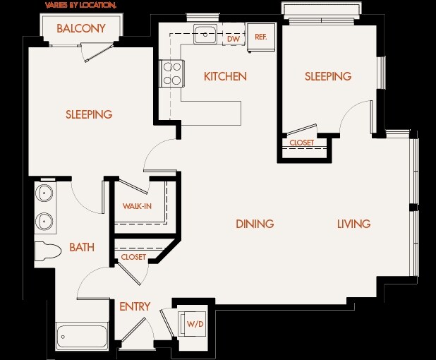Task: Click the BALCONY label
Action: (x=81, y=28)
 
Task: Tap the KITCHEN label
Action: (x=225, y=76)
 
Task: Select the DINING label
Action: (x=255, y=224)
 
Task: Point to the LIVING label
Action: (x=353, y=224)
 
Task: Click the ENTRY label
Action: (x=135, y=306)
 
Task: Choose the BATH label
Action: (x=82, y=247)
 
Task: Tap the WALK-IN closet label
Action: (x=137, y=206)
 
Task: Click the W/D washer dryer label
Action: (x=195, y=324)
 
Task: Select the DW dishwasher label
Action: (x=234, y=39)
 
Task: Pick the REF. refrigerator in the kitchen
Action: (x=261, y=37)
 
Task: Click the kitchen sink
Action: (x=205, y=35)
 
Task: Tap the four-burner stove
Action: (x=171, y=73)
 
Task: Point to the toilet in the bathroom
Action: (x=48, y=251)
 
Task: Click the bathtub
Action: (x=82, y=337)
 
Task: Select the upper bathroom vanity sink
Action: (x=44, y=192)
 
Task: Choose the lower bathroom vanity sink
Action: (x=44, y=221)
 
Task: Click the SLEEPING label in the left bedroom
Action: (x=89, y=114)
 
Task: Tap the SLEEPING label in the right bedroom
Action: (x=328, y=76)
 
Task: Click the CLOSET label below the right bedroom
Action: (x=302, y=143)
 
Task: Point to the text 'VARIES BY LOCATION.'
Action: (x=80, y=5)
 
